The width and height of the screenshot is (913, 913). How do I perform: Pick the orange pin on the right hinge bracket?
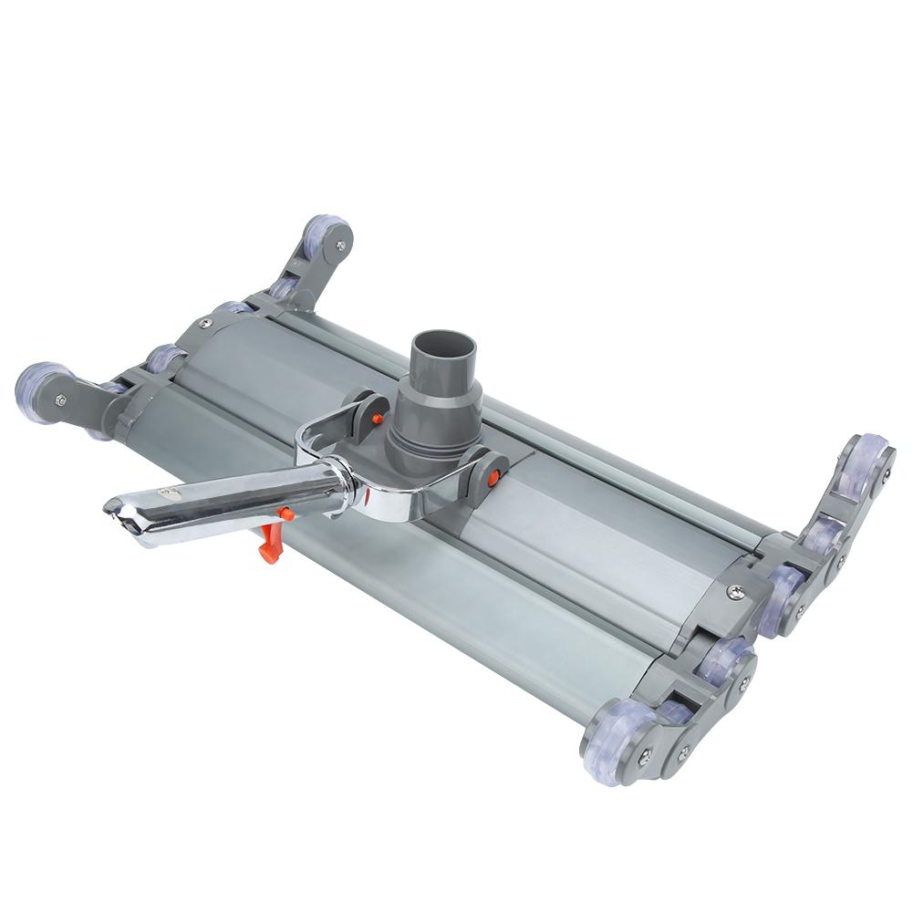[x=493, y=474]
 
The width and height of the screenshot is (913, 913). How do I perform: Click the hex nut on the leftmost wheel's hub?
[x=60, y=398]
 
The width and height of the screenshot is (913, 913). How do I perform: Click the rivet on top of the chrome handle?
[x=168, y=491]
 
